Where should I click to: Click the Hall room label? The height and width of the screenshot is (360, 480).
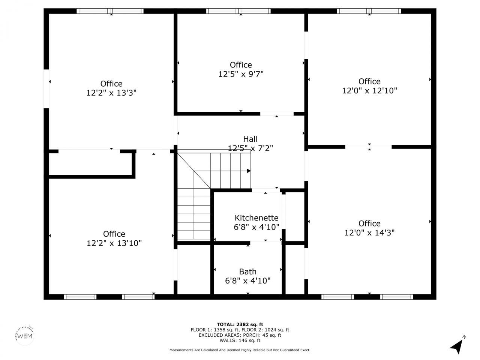250,139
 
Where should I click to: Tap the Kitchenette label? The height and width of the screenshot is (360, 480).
256,218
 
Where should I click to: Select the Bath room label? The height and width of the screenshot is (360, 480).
247,271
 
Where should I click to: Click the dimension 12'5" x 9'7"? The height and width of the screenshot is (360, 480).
241,74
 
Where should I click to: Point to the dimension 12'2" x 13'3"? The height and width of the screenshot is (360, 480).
111,93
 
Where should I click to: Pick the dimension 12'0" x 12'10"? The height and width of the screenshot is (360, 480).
369,90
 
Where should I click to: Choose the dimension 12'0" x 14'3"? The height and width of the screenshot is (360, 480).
369,233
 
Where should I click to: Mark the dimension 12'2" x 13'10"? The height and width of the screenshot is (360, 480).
114,243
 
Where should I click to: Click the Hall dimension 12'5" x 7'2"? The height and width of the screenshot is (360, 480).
250,148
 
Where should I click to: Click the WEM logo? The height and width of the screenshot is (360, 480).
25,335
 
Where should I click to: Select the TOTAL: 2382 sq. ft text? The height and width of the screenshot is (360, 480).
240,324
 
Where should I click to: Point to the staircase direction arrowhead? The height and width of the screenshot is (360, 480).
249,171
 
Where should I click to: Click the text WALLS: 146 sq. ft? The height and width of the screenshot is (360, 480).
240,340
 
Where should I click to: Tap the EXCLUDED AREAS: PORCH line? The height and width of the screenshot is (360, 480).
240,335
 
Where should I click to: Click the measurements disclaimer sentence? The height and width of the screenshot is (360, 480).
240,350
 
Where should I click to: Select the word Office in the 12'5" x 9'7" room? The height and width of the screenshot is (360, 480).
241,65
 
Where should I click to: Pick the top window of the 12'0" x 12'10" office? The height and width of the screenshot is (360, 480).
369,11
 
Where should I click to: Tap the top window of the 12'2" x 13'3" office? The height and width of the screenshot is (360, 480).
110,11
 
